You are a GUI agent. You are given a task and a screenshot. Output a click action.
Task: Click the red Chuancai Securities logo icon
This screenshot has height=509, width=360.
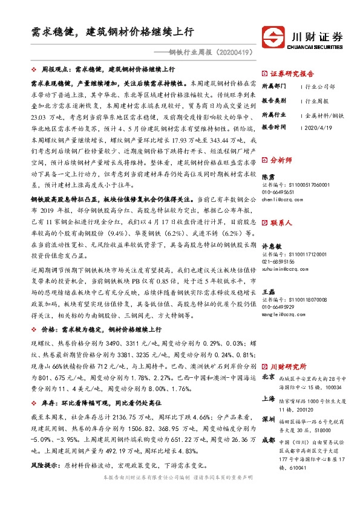[273, 36]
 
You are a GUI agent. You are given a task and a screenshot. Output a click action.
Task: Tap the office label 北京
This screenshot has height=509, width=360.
[267, 377]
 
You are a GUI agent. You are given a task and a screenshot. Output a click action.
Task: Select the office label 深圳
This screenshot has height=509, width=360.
[267, 418]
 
